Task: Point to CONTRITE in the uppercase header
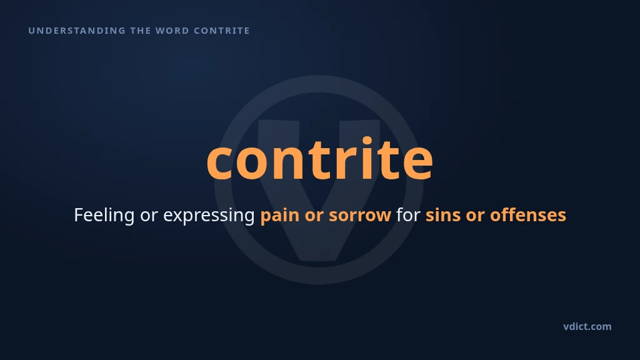point(222,31)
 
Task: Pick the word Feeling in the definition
point(104,216)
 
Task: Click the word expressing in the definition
point(209,216)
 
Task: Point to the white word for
point(408,215)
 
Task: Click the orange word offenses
point(528,215)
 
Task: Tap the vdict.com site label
point(587,326)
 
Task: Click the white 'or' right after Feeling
point(149,216)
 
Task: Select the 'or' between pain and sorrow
point(314,216)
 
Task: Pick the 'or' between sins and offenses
point(475,216)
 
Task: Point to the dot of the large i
point(367,141)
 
